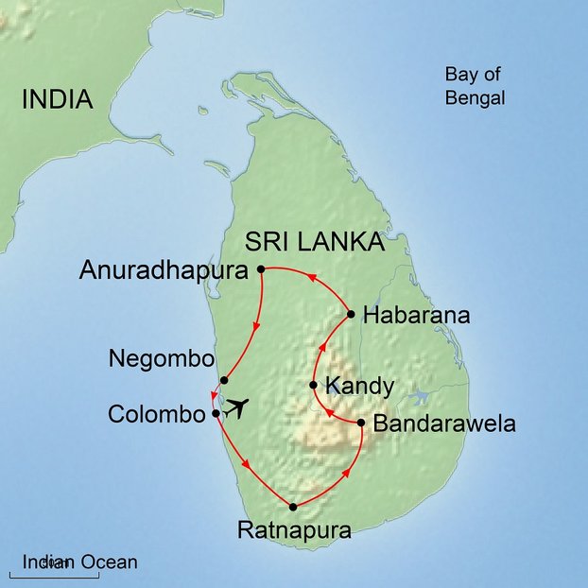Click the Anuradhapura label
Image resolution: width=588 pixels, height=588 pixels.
tap(166, 270)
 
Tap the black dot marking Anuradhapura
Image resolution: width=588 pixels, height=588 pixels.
tap(261, 269)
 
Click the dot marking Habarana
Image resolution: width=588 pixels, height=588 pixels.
tap(351, 314)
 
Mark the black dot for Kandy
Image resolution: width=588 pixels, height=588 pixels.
tap(313, 385)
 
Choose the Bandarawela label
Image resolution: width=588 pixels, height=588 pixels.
tap(445, 424)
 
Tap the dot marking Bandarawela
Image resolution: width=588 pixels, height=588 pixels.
tap(361, 423)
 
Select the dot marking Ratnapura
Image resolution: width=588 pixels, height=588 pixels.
tap(293, 507)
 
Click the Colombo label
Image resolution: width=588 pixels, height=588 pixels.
tap(157, 414)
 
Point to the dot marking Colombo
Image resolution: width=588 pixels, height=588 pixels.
tap(216, 413)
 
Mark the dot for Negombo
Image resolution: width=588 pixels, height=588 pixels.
tap(223, 380)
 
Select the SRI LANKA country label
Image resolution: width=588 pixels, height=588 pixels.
tap(314, 242)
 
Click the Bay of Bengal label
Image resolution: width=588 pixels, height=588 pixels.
tap(475, 86)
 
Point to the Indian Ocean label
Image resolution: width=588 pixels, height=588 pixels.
tap(80, 562)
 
